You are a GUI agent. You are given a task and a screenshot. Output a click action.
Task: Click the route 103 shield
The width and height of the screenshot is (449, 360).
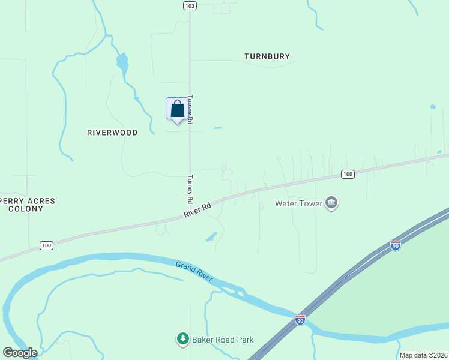(190, 5)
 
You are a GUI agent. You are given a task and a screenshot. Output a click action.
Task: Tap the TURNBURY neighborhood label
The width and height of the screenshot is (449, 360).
(267, 56)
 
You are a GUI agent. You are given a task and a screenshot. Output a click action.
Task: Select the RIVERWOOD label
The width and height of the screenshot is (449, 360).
(112, 133)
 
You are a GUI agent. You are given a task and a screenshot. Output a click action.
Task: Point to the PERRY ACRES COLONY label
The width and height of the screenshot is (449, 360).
(26, 205)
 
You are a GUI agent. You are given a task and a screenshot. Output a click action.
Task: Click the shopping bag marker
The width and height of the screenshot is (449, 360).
(176, 109)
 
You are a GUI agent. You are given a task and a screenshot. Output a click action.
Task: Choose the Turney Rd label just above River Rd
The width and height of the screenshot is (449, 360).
(190, 188)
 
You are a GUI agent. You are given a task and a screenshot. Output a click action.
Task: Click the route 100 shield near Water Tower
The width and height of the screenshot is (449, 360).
(347, 174)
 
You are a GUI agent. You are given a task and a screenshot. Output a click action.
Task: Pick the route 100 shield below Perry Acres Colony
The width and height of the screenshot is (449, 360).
(46, 245)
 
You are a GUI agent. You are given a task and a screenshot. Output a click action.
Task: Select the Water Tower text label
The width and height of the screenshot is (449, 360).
(298, 203)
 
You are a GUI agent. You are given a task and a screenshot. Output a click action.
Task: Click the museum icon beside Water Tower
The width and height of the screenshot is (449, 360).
(331, 203)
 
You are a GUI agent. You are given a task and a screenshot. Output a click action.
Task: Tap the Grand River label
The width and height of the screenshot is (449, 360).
(195, 272)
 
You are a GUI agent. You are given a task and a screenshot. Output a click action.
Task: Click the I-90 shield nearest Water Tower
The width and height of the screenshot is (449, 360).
(395, 245)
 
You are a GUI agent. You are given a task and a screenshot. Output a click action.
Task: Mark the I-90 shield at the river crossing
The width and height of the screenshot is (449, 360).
(300, 319)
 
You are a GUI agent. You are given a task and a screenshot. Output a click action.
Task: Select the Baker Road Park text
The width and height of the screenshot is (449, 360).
(223, 340)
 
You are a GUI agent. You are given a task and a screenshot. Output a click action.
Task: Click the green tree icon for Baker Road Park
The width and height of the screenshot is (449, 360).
(182, 340)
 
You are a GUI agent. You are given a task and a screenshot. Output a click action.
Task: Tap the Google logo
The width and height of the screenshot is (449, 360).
(20, 353)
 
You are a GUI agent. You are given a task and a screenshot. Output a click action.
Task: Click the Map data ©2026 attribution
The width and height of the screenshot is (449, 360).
(423, 355)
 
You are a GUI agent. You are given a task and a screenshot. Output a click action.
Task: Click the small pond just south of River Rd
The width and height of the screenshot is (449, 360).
(211, 236)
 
